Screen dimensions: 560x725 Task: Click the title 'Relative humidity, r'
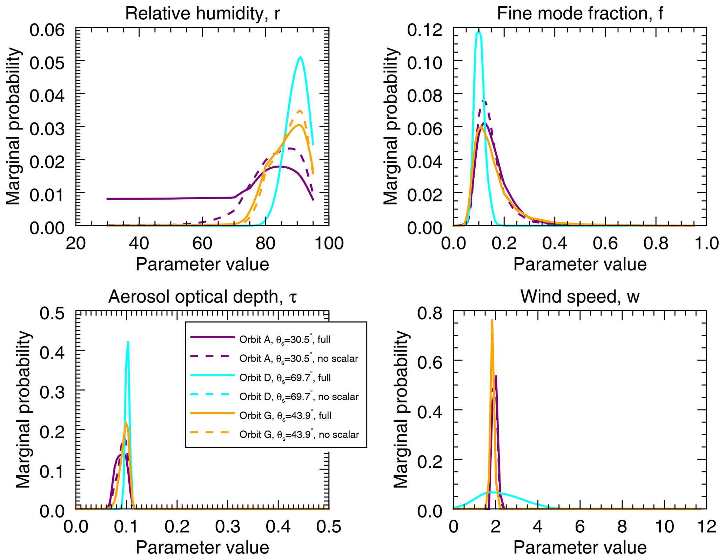pyautogui.click(x=202, y=14)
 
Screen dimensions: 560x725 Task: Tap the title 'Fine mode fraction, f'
pyautogui.click(x=580, y=14)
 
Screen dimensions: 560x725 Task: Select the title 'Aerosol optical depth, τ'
pyautogui.click(x=202, y=297)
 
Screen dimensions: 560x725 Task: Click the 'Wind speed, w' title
pyautogui.click(x=580, y=297)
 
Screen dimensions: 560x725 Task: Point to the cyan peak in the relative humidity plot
pyautogui.click(x=300, y=58)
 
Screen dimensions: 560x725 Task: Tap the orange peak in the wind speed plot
pyautogui.click(x=492, y=320)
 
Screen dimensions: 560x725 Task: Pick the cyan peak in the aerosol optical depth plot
pyautogui.click(x=128, y=342)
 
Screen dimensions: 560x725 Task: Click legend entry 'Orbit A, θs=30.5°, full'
pyautogui.click(x=284, y=340)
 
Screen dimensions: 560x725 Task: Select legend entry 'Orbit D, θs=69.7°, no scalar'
pyautogui.click(x=298, y=397)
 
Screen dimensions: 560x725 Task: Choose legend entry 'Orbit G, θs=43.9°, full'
pyautogui.click(x=285, y=416)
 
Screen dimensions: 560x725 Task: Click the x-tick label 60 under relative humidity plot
pyautogui.click(x=202, y=243)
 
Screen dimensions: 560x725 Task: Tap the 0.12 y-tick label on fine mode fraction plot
pyautogui.click(x=425, y=30)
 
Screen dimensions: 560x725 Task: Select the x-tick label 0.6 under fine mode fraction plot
pyautogui.click(x=605, y=243)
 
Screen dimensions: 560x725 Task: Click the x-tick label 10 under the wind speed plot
pyautogui.click(x=664, y=527)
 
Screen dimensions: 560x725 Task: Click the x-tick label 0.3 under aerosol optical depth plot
pyautogui.click(x=228, y=527)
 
